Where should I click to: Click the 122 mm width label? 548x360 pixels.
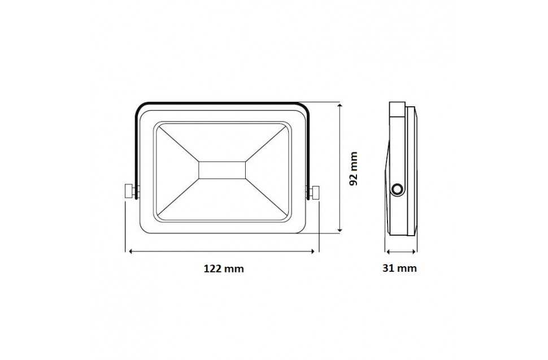224,268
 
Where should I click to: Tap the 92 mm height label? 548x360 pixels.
354,169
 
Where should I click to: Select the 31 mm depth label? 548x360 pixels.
399,268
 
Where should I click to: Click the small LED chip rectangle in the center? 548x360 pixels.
222,170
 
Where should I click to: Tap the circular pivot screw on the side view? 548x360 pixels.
397,189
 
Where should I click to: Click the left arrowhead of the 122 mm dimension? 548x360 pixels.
132,251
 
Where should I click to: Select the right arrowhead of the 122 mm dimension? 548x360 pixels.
312,251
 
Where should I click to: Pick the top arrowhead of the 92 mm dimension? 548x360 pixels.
338,105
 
